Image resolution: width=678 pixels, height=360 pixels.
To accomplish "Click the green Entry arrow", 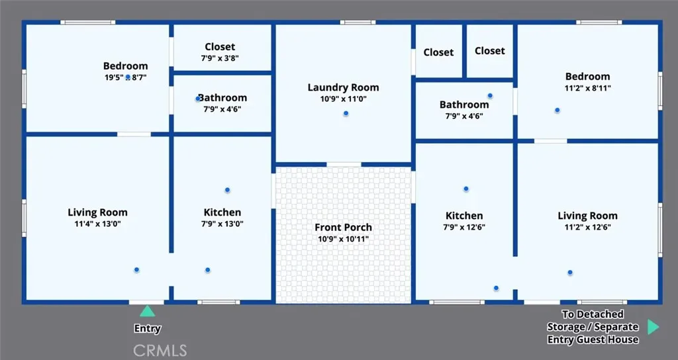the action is tap(147, 311).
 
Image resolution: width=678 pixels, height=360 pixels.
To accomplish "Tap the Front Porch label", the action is tap(344, 228).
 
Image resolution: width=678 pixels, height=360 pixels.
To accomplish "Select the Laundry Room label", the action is tap(344, 87).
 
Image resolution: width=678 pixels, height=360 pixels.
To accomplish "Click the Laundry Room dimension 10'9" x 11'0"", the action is tap(344, 99).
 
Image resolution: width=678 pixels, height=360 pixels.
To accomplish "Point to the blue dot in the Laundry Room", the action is tap(346, 114).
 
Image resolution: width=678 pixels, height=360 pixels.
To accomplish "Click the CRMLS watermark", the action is tap(160, 351).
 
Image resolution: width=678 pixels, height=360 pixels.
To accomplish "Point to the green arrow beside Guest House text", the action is tap(653, 327).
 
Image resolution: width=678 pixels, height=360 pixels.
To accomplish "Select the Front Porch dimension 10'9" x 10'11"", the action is tap(344, 239).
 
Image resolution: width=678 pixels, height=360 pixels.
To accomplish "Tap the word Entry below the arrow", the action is tap(148, 328).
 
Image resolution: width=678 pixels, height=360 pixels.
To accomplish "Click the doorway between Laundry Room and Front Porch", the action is tap(344, 165).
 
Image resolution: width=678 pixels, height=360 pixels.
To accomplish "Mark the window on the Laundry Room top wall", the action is tap(358, 22).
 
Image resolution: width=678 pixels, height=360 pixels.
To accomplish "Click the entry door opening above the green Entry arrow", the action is tap(146, 302).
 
